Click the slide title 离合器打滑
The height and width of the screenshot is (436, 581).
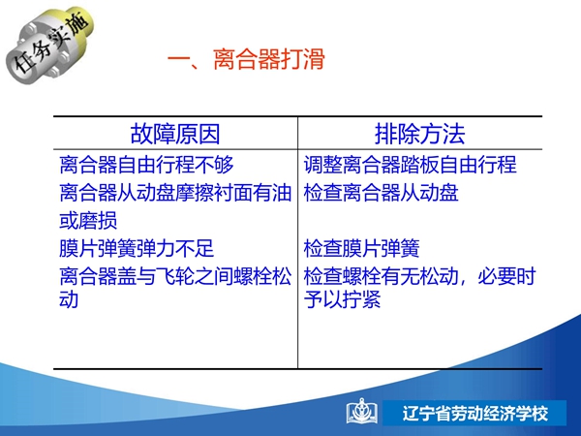[x=268, y=59]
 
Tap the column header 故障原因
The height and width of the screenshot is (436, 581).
[x=175, y=134]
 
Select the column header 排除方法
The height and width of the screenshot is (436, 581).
[x=420, y=134]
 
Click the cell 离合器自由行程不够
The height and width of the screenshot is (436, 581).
[x=146, y=165]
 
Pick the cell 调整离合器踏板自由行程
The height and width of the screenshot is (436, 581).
[x=410, y=165]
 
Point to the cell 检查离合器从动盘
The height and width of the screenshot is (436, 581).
[x=381, y=193]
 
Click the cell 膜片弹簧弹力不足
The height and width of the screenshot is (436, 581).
[x=137, y=248]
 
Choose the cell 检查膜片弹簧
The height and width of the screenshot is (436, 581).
[x=361, y=248]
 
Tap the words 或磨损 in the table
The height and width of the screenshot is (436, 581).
[x=88, y=221]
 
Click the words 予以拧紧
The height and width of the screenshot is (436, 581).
[x=342, y=299]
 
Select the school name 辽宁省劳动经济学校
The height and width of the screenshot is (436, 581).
[x=475, y=414]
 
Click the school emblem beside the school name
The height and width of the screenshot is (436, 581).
[x=362, y=411]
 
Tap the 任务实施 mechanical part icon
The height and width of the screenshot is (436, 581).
[x=49, y=45]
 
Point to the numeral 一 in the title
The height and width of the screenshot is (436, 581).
[x=179, y=59]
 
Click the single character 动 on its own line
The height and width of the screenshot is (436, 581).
[x=69, y=299]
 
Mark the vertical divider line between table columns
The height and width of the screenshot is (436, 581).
[x=297, y=242]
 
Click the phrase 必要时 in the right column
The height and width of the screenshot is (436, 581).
[x=506, y=276]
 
